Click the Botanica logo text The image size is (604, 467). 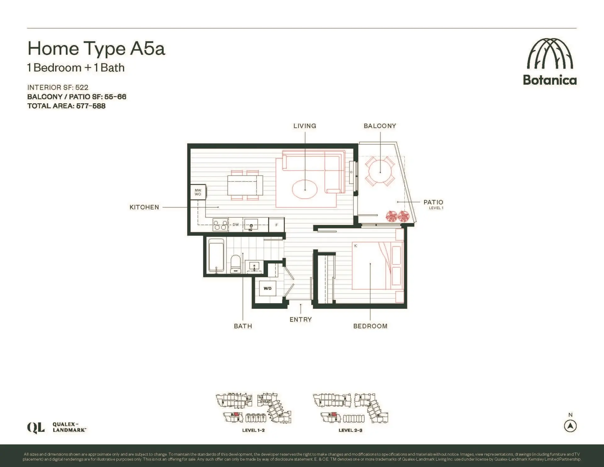point(550,80)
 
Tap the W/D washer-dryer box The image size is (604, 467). point(267,288)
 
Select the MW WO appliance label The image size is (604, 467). point(198,192)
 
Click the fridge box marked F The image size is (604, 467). point(277,225)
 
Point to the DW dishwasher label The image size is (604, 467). point(236,225)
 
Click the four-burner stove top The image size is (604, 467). point(220,225)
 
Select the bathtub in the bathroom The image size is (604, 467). point(216,256)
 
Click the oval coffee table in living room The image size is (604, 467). point(305,189)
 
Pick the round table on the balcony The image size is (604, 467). point(380,172)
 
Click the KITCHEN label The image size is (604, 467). point(144,207)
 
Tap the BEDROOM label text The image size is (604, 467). point(370,326)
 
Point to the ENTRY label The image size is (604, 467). point(301,320)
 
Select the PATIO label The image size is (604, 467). point(433,202)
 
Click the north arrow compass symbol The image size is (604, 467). point(570,426)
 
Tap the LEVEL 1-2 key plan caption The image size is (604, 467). point(253,430)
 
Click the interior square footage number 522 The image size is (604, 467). point(82,87)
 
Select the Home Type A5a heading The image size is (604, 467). point(96,48)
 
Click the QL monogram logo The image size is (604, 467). point(36,428)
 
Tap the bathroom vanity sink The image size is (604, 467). point(254,267)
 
